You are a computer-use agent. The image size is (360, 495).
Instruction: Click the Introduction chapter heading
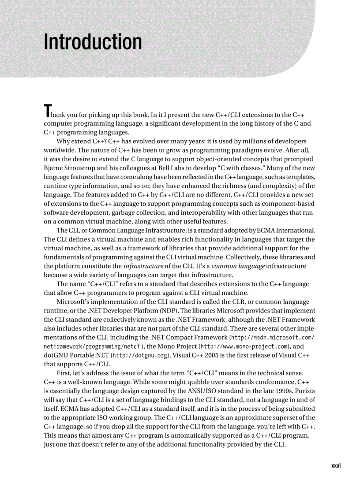[x=93, y=42]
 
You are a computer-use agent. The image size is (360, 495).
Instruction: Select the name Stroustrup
[x=82, y=168]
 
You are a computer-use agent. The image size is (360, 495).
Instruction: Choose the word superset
[x=281, y=417]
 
